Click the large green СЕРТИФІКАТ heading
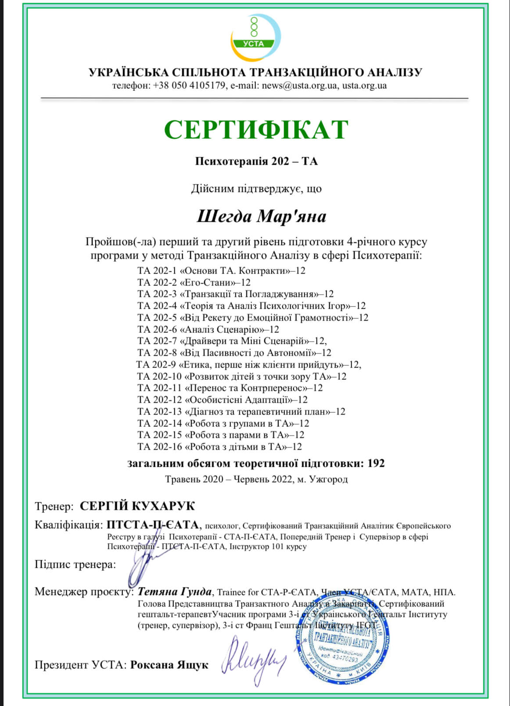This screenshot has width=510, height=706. point(256,130)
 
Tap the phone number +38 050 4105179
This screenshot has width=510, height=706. point(189,85)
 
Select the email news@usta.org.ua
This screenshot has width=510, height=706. point(300,85)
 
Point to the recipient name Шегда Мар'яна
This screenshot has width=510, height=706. point(261,216)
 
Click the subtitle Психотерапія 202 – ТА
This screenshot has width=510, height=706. point(256,161)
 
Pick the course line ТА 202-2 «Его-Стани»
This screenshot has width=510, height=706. point(194,282)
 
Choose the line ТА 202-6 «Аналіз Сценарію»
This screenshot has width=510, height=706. point(208,329)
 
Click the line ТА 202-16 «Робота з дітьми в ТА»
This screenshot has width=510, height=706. point(219,447)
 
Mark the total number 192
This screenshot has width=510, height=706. point(376,463)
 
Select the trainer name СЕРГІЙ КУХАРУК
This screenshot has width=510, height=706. point(137,506)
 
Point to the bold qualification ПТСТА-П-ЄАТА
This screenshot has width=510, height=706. point(153,525)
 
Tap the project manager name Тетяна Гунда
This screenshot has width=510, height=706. point(174,591)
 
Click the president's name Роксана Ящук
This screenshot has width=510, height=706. point(169,665)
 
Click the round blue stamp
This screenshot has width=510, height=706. point(342,645)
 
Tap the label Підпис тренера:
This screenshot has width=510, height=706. point(75,565)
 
